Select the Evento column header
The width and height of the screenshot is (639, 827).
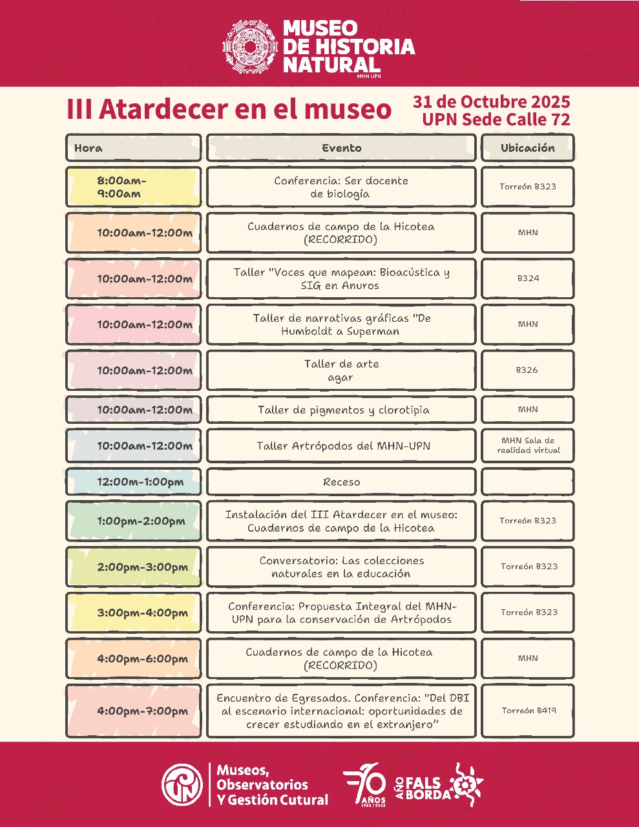pyautogui.click(x=341, y=148)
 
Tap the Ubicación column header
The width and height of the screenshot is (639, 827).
pyautogui.click(x=527, y=148)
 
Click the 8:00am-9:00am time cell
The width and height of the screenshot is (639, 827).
pyautogui.click(x=133, y=187)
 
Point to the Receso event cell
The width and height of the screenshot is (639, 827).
pyautogui.click(x=341, y=482)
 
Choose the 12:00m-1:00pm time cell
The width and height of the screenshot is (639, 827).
pyautogui.click(x=133, y=482)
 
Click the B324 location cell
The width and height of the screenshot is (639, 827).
pyautogui.click(x=527, y=278)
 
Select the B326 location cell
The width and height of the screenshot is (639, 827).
pyautogui.click(x=527, y=370)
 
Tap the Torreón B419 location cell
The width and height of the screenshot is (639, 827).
pyautogui.click(x=527, y=711)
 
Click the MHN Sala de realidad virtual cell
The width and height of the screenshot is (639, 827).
pyautogui.click(x=527, y=446)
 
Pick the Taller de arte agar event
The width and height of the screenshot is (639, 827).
pyautogui.click(x=341, y=370)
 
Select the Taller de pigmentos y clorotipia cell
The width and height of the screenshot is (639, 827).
pyautogui.click(x=341, y=410)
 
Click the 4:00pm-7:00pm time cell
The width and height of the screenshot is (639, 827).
pyautogui.click(x=133, y=711)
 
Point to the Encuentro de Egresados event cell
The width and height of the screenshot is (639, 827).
pyautogui.click(x=341, y=711)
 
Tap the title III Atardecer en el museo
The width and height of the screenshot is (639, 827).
pyautogui.click(x=229, y=109)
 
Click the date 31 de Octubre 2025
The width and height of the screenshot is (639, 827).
pyautogui.click(x=491, y=102)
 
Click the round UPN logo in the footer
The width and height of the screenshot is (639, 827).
pyautogui.click(x=182, y=784)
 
